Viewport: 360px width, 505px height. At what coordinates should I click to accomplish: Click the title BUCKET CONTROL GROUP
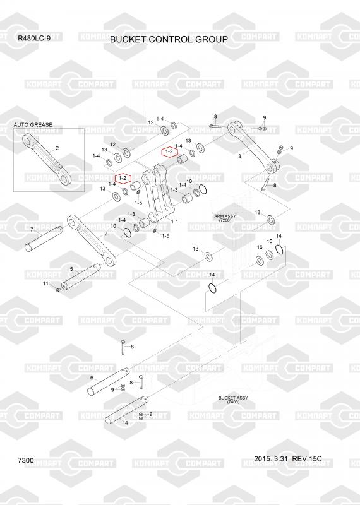[169, 39]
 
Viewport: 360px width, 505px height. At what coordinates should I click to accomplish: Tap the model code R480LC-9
[34, 39]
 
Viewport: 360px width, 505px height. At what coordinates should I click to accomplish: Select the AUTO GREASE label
[33, 124]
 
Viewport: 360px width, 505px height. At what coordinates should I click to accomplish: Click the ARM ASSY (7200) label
[225, 218]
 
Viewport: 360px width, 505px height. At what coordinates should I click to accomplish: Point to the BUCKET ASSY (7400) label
[233, 400]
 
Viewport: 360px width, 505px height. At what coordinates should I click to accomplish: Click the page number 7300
[26, 460]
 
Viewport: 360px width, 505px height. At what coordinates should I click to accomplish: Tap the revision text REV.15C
[307, 459]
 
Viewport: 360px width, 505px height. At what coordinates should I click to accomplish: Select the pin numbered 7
[44, 239]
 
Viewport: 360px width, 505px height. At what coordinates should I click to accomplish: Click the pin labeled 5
[81, 276]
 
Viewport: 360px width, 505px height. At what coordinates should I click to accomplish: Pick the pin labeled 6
[109, 382]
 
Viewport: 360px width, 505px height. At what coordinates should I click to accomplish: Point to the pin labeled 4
[127, 410]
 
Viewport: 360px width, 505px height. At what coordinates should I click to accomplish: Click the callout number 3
[239, 156]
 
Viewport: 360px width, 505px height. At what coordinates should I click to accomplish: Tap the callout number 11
[45, 283]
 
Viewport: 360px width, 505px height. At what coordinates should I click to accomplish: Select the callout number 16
[260, 247]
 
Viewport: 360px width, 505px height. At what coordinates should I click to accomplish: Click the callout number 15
[270, 241]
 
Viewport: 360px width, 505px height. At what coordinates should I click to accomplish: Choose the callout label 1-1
[174, 222]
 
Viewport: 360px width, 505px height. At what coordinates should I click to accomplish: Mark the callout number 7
[32, 230]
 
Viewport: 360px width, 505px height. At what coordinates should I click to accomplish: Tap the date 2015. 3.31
[270, 459]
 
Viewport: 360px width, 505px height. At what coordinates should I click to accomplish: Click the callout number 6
[92, 377]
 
